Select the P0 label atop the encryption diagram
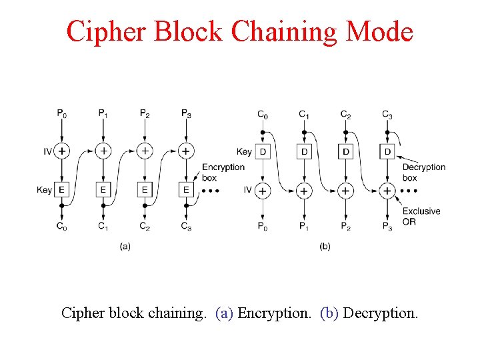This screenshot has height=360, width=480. point(61,114)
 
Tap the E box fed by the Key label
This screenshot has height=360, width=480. point(61,190)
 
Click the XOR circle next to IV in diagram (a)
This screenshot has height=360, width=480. point(61,151)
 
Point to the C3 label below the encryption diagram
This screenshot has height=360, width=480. point(186,227)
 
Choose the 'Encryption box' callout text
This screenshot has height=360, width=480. point(223,172)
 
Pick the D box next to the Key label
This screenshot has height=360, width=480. point(263,151)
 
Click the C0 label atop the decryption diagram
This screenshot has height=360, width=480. point(263,115)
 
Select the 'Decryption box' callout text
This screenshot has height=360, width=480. point(423,172)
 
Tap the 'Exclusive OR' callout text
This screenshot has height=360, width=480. point(421,216)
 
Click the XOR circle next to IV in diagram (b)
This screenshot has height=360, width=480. point(263,191)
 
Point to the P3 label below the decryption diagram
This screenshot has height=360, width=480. point(387,227)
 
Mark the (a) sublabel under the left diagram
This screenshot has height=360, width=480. point(125,246)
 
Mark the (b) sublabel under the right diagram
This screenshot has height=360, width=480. point(325,246)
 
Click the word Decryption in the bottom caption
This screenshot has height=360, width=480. point(381,312)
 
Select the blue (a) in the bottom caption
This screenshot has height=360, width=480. point(225,312)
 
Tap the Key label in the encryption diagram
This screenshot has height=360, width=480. point(44,190)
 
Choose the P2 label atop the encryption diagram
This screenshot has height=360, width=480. point(145,114)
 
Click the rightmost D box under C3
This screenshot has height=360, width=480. point(387,151)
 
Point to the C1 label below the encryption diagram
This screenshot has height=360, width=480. point(103,227)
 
